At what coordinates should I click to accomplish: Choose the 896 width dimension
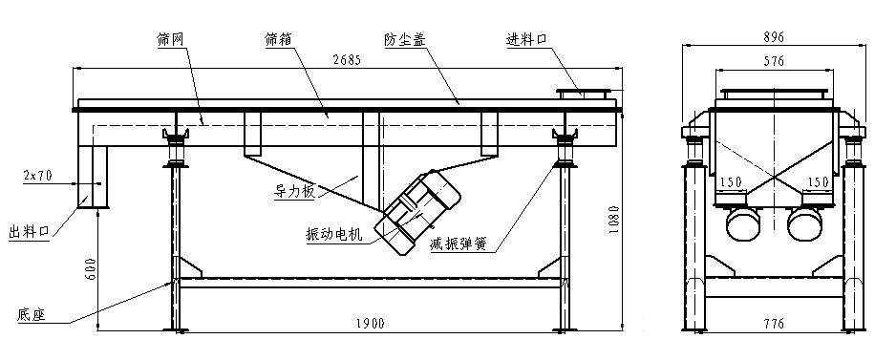[774, 37]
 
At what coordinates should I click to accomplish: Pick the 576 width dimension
[774, 61]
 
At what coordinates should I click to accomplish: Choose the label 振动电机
[334, 234]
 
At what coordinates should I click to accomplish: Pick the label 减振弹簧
[459, 244]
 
